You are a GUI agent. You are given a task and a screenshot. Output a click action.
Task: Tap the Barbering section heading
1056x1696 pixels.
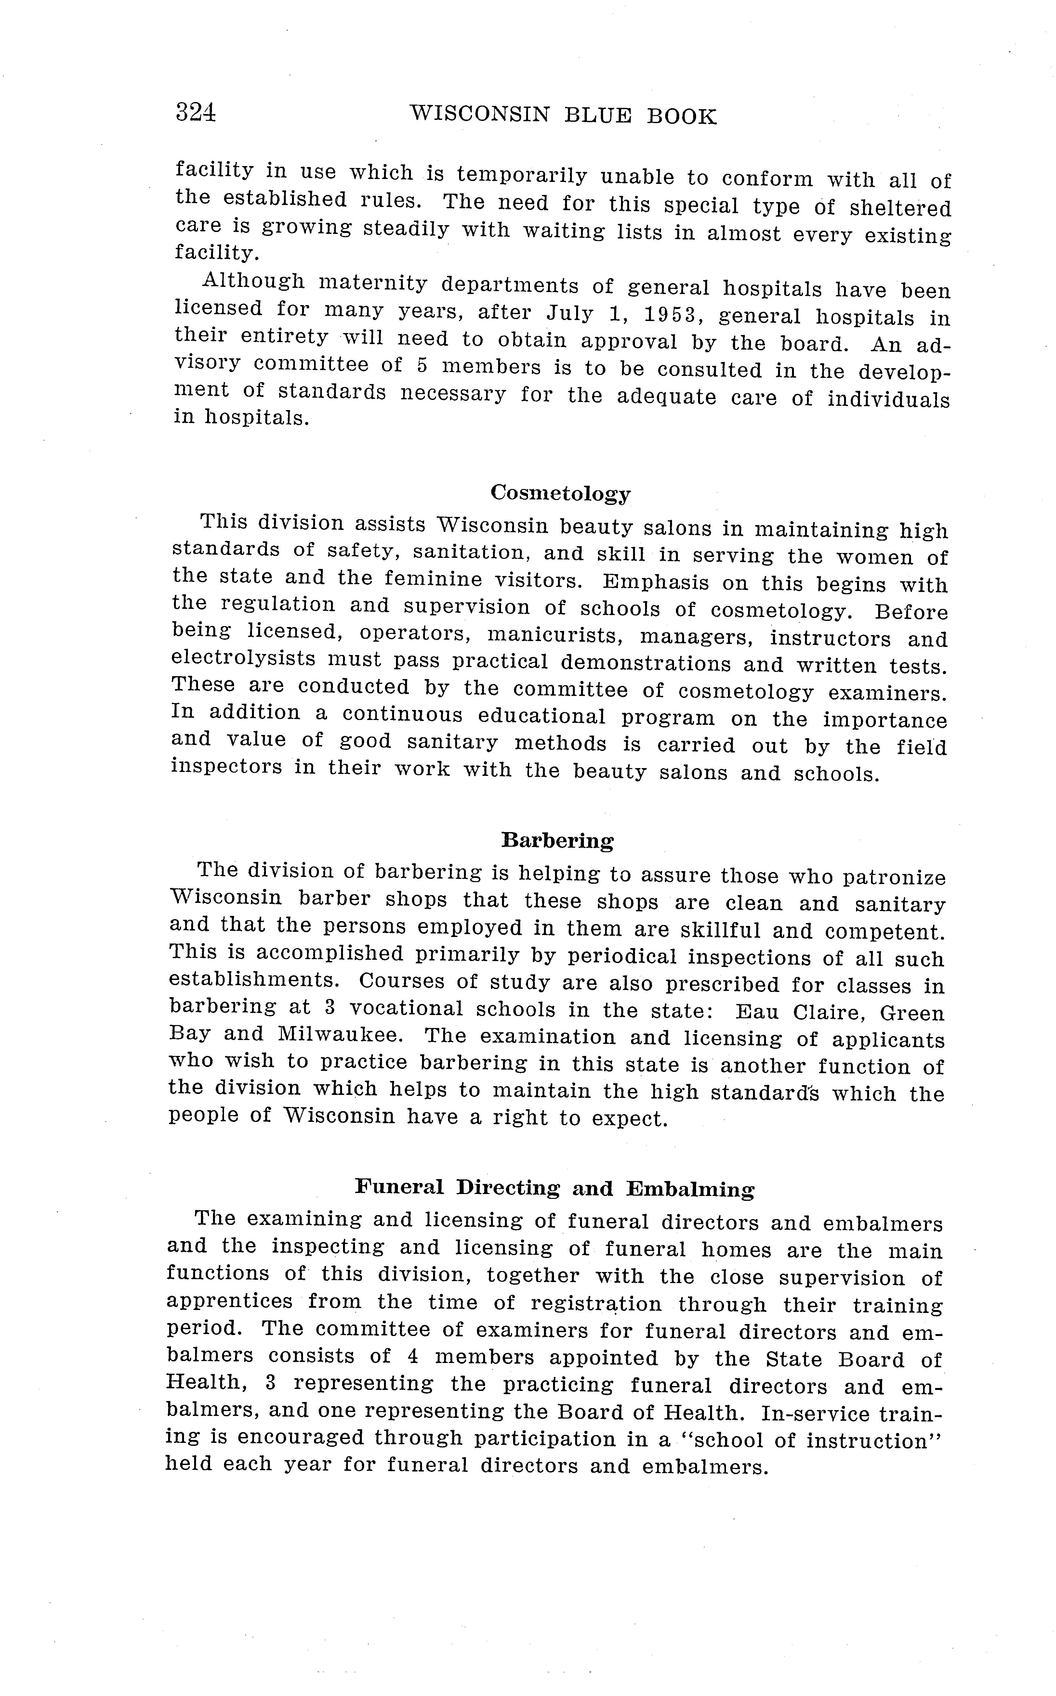point(557,840)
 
